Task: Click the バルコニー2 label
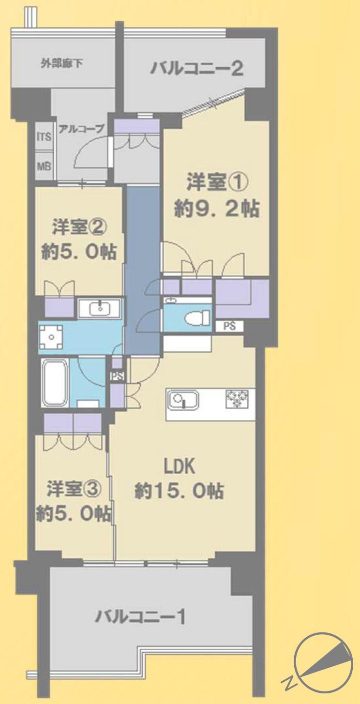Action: (196, 69)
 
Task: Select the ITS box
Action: (44, 137)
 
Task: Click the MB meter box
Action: (44, 165)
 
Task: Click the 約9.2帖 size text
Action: (216, 210)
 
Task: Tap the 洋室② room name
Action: (79, 226)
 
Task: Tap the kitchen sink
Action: (183, 400)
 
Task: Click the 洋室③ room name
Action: (74, 489)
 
